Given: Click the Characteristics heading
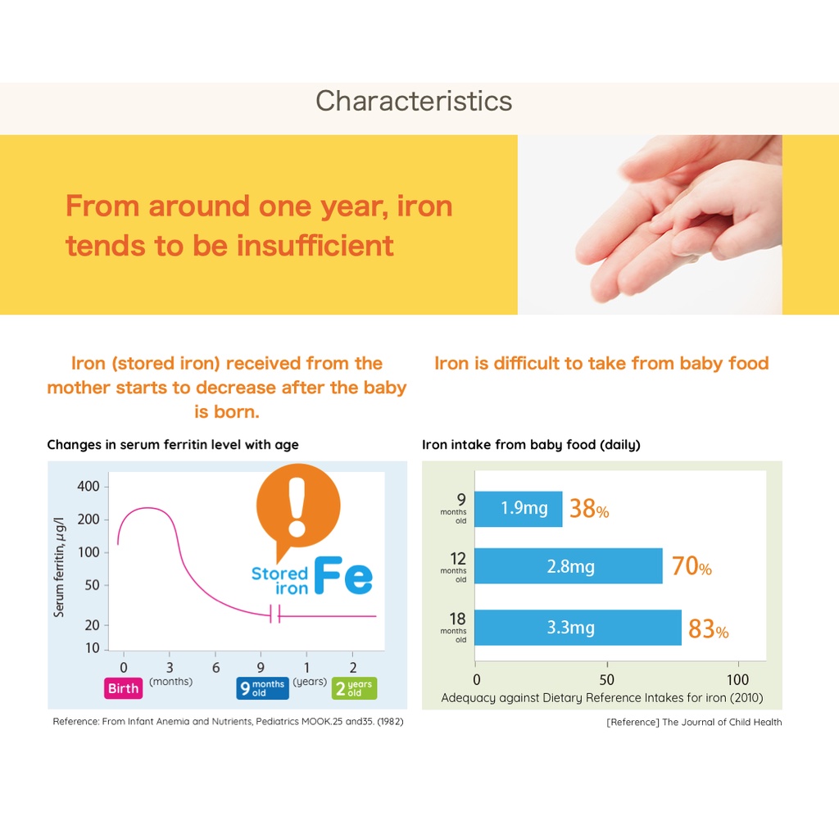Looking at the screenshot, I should point(414,101).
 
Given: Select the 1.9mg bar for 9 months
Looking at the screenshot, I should point(518,509).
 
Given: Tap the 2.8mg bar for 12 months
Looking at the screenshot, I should point(569,566).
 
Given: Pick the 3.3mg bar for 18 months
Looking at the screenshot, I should point(578,628).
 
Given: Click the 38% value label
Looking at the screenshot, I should point(589,510).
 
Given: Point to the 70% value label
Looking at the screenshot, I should point(692,566).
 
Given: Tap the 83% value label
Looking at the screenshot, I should point(708,629).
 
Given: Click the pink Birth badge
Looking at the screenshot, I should point(124,688).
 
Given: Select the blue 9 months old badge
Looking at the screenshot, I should point(262,688).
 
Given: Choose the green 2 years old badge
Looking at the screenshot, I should point(354,688).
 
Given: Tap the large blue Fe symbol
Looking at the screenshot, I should point(344,576).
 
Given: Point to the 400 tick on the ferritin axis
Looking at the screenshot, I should point(88,487).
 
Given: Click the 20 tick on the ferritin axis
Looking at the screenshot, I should point(92,625).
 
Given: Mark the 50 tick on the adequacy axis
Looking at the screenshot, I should point(606,680).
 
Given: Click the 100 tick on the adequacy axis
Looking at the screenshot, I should point(737,680).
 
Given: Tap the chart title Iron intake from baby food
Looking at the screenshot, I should point(531,445).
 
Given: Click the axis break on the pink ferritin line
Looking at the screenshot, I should point(275,615).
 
